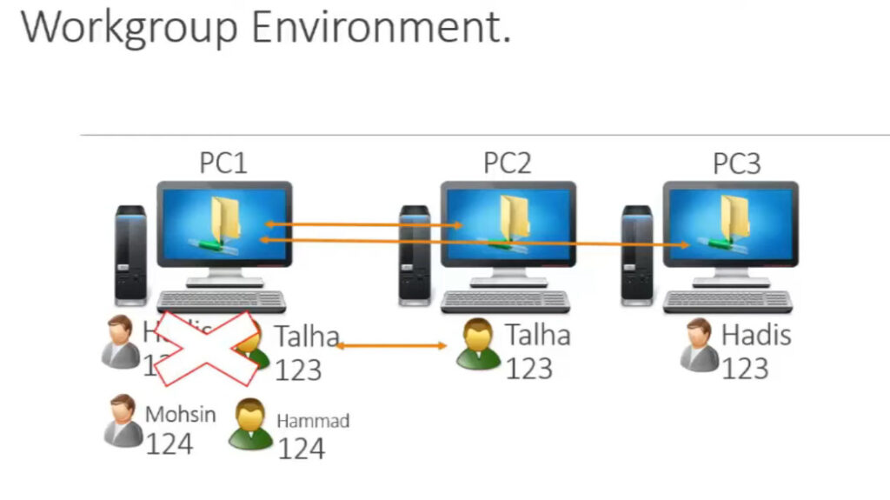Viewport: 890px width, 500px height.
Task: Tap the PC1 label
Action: click(x=223, y=163)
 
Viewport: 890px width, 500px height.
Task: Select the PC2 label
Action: click(x=508, y=163)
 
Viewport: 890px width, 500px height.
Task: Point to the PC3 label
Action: click(x=737, y=163)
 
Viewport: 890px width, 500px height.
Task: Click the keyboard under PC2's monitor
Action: click(x=505, y=301)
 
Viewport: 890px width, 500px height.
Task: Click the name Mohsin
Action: click(x=180, y=414)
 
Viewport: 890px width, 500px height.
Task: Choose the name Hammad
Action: click(x=313, y=422)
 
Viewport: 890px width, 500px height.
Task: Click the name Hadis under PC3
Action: click(x=756, y=335)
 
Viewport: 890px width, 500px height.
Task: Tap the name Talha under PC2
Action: click(x=538, y=335)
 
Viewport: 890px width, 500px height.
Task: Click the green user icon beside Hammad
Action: click(x=250, y=424)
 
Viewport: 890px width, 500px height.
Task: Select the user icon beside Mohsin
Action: click(x=122, y=421)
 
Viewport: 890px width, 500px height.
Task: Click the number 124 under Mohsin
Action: click(x=169, y=444)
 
